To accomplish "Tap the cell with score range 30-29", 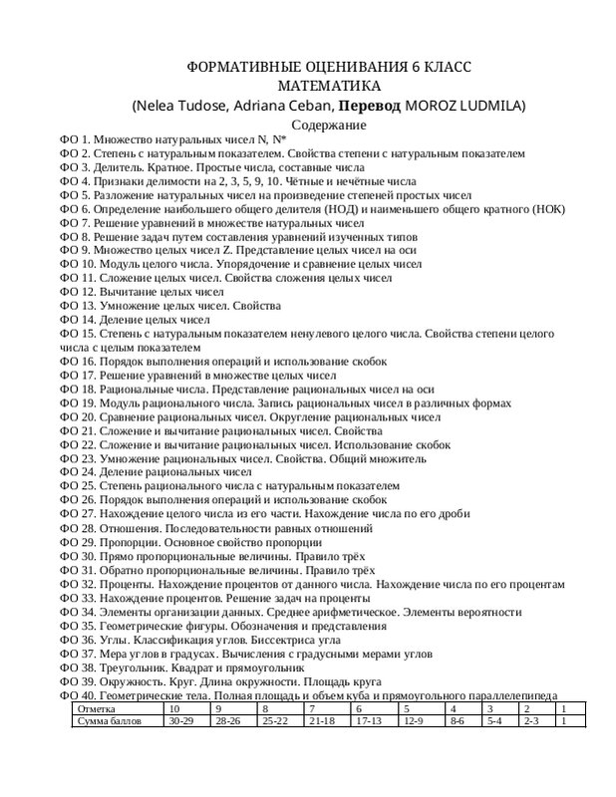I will [x=181, y=720].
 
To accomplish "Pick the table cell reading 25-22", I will [x=275, y=720].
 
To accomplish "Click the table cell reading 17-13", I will [x=370, y=720].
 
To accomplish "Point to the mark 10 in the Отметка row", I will [x=176, y=708].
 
